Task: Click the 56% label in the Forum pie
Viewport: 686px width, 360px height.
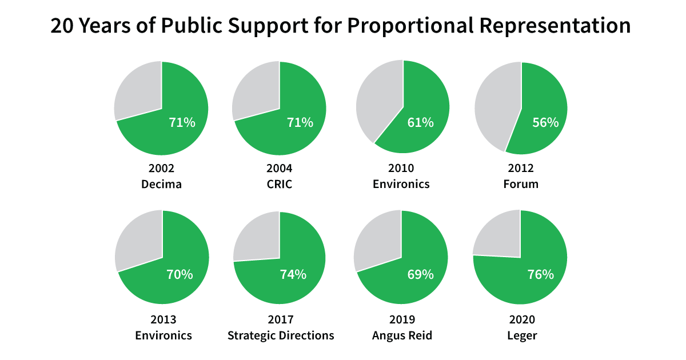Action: pyautogui.click(x=545, y=122)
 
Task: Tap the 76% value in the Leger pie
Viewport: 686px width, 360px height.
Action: pyautogui.click(x=540, y=274)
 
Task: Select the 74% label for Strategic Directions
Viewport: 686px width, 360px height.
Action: pyautogui.click(x=293, y=274)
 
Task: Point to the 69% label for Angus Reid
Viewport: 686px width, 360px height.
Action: pyautogui.click(x=420, y=274)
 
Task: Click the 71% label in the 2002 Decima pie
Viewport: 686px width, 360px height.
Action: pyautogui.click(x=182, y=122)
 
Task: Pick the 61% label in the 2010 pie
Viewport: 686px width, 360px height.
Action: pyautogui.click(x=420, y=122)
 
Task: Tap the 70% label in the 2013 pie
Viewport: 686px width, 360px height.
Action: pyautogui.click(x=179, y=274)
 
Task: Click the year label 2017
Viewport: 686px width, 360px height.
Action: pyautogui.click(x=280, y=319)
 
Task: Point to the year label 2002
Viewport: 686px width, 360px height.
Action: pyautogui.click(x=161, y=168)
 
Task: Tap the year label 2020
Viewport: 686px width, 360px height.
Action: pyautogui.click(x=521, y=319)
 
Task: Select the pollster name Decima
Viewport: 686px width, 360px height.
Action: pyautogui.click(x=161, y=184)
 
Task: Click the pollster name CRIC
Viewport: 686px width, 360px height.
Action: pyautogui.click(x=280, y=184)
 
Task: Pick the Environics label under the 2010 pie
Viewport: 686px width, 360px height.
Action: pyautogui.click(x=401, y=184)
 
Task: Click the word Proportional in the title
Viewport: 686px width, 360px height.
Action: pyautogui.click(x=408, y=26)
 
